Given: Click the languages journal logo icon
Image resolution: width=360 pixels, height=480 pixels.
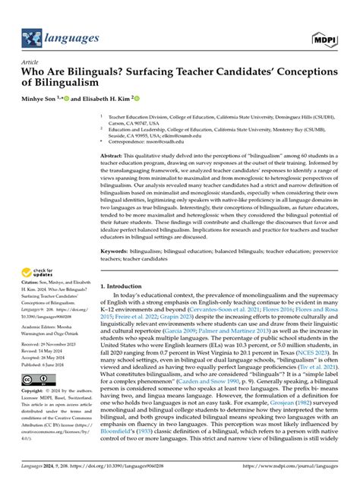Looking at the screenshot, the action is coord(33,36).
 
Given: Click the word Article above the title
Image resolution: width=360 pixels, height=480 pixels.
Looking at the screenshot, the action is coord(30,62).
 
